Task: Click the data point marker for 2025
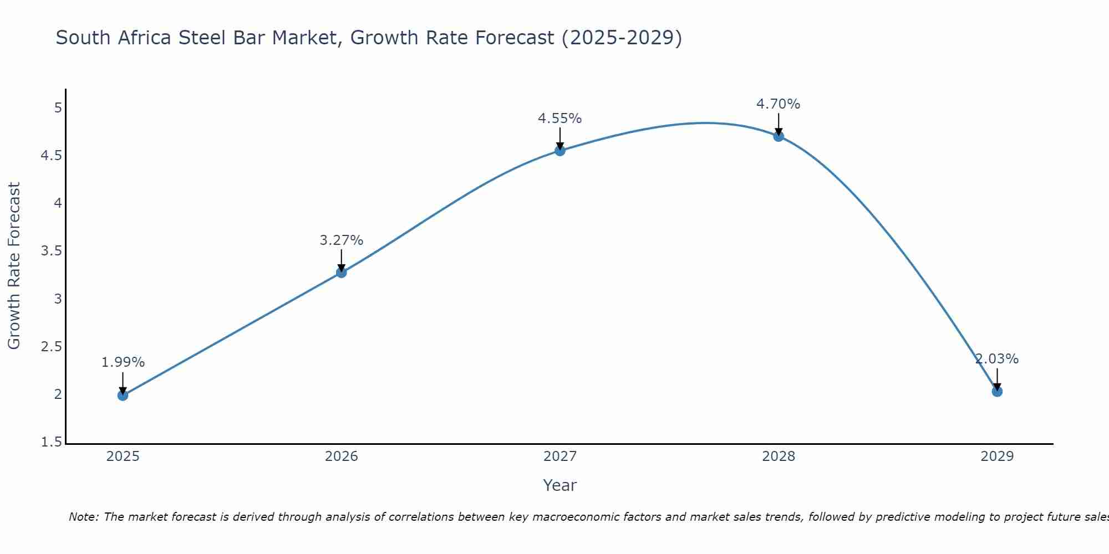pyautogui.click(x=123, y=395)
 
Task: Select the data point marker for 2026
pyautogui.click(x=342, y=272)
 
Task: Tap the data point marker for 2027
pyautogui.click(x=560, y=150)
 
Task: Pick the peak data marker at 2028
pyautogui.click(x=779, y=136)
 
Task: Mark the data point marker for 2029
pyautogui.click(x=997, y=391)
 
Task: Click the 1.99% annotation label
pyautogui.click(x=123, y=362)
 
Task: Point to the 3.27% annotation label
pyautogui.click(x=342, y=240)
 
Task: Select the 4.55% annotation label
pyautogui.click(x=560, y=119)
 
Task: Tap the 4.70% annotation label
pyautogui.click(x=779, y=104)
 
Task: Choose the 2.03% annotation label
pyautogui.click(x=997, y=359)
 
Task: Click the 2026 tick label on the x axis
pyautogui.click(x=342, y=456)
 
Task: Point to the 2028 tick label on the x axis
pyautogui.click(x=779, y=456)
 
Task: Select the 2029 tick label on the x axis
pyautogui.click(x=997, y=456)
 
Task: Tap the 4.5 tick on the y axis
pyautogui.click(x=51, y=156)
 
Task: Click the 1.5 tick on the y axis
pyautogui.click(x=51, y=442)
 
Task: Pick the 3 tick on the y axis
pyautogui.click(x=58, y=299)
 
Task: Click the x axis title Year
pyautogui.click(x=560, y=485)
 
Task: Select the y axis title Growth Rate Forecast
pyautogui.click(x=14, y=266)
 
